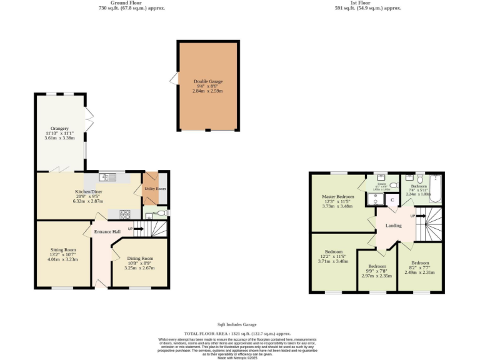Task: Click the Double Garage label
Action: pos(208,81)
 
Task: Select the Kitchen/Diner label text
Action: pos(87,192)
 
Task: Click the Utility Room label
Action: pos(155,188)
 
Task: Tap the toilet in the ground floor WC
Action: pos(162,213)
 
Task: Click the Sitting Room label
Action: pos(62,249)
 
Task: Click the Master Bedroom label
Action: pos(337,197)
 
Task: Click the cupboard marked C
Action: pos(392,200)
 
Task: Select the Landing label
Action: pos(393,226)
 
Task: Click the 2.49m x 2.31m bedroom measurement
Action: pos(420,272)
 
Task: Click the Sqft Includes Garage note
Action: pos(237,324)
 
